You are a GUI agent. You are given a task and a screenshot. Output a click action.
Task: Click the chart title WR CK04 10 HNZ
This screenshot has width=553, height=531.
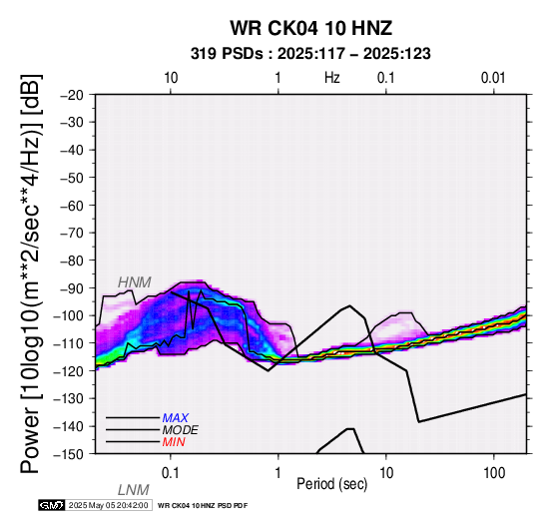310,28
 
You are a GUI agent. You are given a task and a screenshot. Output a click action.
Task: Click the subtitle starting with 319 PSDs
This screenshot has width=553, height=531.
310,54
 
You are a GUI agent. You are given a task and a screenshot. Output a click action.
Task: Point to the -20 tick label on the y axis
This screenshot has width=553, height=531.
72,95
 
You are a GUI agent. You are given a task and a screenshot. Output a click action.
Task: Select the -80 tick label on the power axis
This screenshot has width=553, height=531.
72,261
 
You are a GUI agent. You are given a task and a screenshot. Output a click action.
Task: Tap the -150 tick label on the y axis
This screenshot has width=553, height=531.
69,454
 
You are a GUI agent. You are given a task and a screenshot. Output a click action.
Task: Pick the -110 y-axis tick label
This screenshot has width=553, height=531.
69,343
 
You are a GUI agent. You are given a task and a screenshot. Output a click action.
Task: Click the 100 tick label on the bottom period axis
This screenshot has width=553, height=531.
494,473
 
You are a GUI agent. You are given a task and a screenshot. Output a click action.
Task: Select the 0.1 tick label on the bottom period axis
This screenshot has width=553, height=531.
171,473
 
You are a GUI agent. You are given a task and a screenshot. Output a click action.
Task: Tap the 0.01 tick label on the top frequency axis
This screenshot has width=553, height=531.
493,78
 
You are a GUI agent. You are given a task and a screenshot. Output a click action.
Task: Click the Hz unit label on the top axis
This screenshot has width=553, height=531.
332,78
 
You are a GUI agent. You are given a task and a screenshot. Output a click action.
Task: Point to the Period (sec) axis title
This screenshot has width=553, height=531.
331,484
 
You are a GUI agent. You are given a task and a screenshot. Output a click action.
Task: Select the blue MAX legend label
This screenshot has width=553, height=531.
176,418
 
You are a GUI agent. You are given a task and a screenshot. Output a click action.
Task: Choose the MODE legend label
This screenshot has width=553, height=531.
181,430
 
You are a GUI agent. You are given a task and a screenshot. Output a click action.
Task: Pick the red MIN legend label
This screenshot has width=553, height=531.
174,442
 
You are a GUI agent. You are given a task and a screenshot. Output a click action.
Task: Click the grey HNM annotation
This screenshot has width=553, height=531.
135,282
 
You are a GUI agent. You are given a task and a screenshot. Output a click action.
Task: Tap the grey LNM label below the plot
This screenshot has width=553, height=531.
134,490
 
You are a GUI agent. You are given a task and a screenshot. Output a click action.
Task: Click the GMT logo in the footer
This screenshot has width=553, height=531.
52,505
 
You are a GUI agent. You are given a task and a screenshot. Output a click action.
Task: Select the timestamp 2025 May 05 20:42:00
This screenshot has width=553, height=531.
108,505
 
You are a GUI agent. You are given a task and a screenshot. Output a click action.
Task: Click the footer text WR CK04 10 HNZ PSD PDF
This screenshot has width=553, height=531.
203,506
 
